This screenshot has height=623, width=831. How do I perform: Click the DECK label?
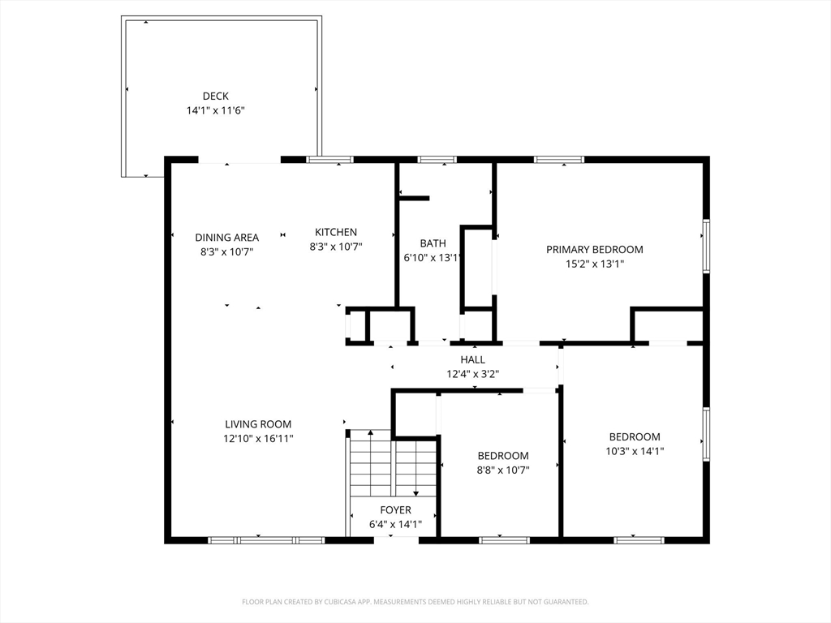pos(215,97)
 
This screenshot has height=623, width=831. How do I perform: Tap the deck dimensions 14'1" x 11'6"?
pos(215,110)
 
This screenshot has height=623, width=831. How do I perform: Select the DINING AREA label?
pos(226,238)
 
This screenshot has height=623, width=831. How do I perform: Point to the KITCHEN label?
pos(336,232)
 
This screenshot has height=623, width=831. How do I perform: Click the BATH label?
pos(433,243)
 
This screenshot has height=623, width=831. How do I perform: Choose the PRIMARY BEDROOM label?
pos(594,250)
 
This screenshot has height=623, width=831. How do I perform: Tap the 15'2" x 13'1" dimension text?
pos(594,264)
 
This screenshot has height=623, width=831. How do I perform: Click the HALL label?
pos(472,359)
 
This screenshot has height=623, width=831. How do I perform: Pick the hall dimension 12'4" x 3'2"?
pos(472,374)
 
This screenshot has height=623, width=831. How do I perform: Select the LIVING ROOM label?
pos(258,424)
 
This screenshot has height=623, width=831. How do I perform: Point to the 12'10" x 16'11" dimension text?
pos(258,438)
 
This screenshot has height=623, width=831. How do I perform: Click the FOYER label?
pos(395,510)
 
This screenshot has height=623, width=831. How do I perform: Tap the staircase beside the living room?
pos(393,466)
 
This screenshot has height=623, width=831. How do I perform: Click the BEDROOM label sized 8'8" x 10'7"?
pos(503,456)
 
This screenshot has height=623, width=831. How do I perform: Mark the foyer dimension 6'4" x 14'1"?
pos(395,524)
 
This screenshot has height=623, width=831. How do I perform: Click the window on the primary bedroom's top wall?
pos(558,160)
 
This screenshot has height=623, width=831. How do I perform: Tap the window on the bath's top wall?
pos(437,160)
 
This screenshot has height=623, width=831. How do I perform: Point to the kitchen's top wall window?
pos(329,160)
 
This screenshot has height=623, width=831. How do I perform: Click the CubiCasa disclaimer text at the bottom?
pos(415,602)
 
